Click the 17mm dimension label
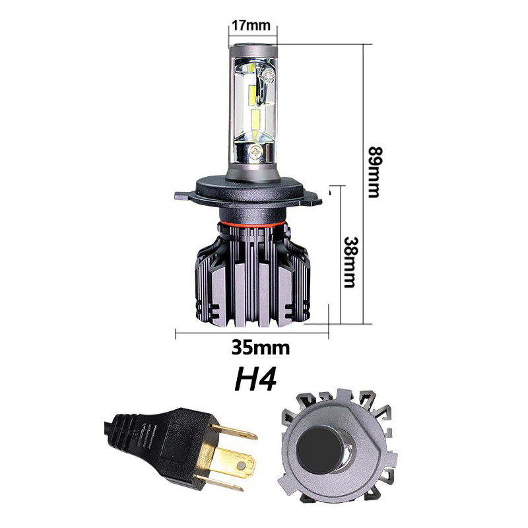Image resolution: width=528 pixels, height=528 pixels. [251, 25]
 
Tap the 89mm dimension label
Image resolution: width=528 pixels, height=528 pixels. [374, 172]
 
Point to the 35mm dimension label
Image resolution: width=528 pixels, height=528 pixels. [260, 348]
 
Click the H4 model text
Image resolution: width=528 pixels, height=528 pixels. [255, 378]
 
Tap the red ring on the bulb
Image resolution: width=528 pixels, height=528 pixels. [252, 224]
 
